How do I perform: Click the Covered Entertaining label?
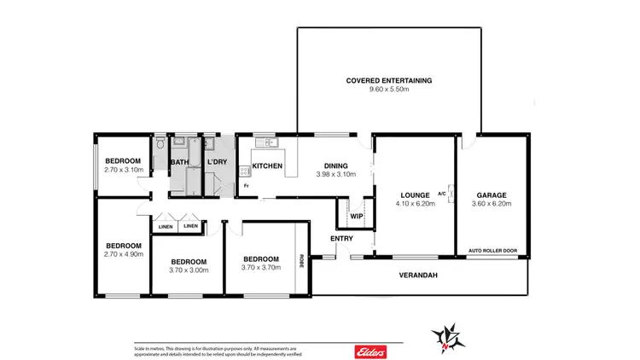point(389,80)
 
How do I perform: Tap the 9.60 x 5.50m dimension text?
point(389,90)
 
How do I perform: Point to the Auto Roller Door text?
point(492,251)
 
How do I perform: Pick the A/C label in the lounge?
point(443,193)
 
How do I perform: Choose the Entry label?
point(341,239)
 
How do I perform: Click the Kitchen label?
point(261,165)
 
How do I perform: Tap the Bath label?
point(179,162)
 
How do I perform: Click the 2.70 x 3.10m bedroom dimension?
point(124,170)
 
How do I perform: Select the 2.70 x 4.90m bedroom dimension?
point(124,254)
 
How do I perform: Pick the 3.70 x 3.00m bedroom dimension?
point(188,270)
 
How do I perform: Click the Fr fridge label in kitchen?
point(246,185)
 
